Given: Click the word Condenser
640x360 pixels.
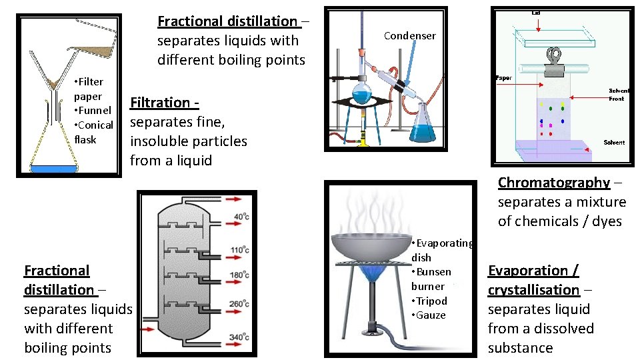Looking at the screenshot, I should coord(410,36).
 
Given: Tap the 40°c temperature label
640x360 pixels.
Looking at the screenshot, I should coord(242,217).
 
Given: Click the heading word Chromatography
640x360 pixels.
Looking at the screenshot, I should coord(554,183).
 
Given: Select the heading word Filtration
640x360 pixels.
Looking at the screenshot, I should coord(160,103).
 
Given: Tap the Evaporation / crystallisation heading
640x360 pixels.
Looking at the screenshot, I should coord(533,280).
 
